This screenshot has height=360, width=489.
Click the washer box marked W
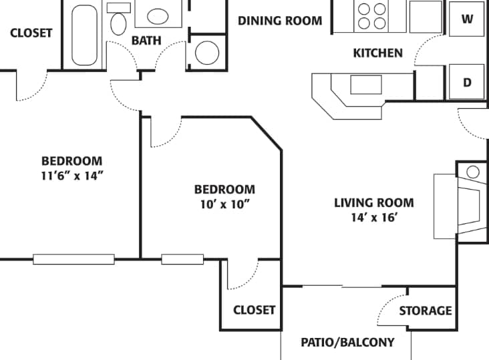click(468, 19)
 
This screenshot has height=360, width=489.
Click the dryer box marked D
click(468, 82)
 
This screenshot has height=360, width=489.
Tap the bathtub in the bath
click(84, 33)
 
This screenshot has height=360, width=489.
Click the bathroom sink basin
click(158, 16)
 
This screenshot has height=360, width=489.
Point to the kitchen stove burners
click(372, 16)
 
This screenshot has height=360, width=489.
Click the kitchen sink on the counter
click(365, 85)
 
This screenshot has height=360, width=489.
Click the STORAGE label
click(425, 311)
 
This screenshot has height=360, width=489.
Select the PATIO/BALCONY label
click(347, 343)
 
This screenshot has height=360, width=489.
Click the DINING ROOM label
click(280, 20)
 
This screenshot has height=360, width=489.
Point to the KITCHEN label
click(377, 53)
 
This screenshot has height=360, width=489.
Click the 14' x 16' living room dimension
click(374, 217)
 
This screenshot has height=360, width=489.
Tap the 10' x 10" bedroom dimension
click(224, 204)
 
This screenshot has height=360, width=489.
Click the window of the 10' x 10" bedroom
click(182, 259)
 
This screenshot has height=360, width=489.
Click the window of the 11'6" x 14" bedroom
click(73, 259)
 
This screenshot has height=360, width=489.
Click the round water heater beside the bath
click(207, 52)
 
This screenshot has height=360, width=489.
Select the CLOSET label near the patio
click(254, 310)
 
